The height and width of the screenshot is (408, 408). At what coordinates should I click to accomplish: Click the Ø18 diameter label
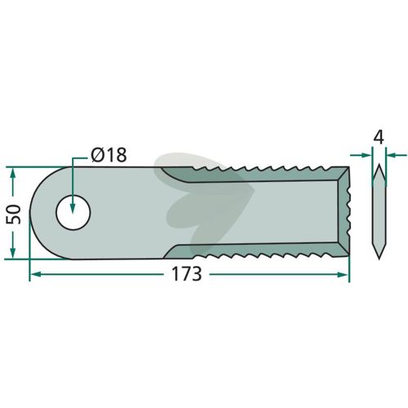coord(109,155)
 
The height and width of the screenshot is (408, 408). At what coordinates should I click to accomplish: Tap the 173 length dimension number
coord(187,274)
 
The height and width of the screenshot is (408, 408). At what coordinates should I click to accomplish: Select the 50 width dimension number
coord(14,215)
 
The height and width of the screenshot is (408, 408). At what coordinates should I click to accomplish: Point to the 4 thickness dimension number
coord(379,137)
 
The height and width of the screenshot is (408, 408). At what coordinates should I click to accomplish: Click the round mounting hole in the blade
coord(73,213)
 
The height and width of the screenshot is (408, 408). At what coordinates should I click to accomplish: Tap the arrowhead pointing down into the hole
coord(73,208)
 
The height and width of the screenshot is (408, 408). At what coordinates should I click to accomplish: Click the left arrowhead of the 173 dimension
coord(35,274)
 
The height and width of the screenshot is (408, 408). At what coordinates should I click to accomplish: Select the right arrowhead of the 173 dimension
coord(343,274)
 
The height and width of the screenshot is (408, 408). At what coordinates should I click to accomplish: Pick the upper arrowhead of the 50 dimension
coord(12,173)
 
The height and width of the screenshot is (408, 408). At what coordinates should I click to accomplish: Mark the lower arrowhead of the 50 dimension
coord(12,252)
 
